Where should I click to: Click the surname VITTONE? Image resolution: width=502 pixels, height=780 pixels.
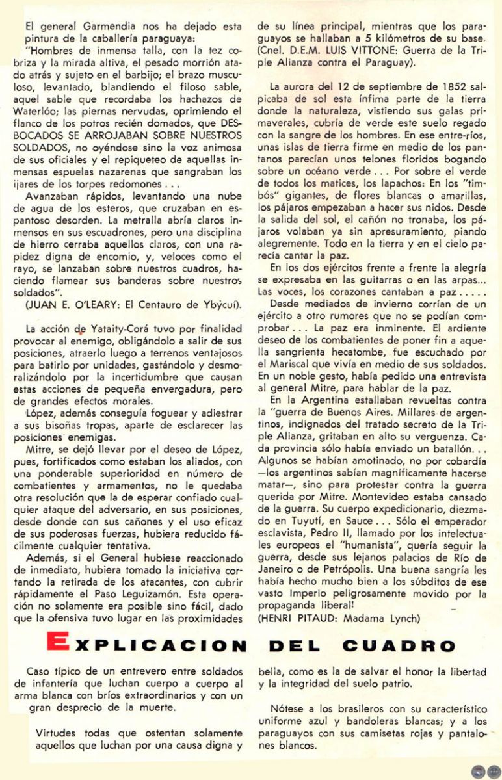[376, 49]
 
